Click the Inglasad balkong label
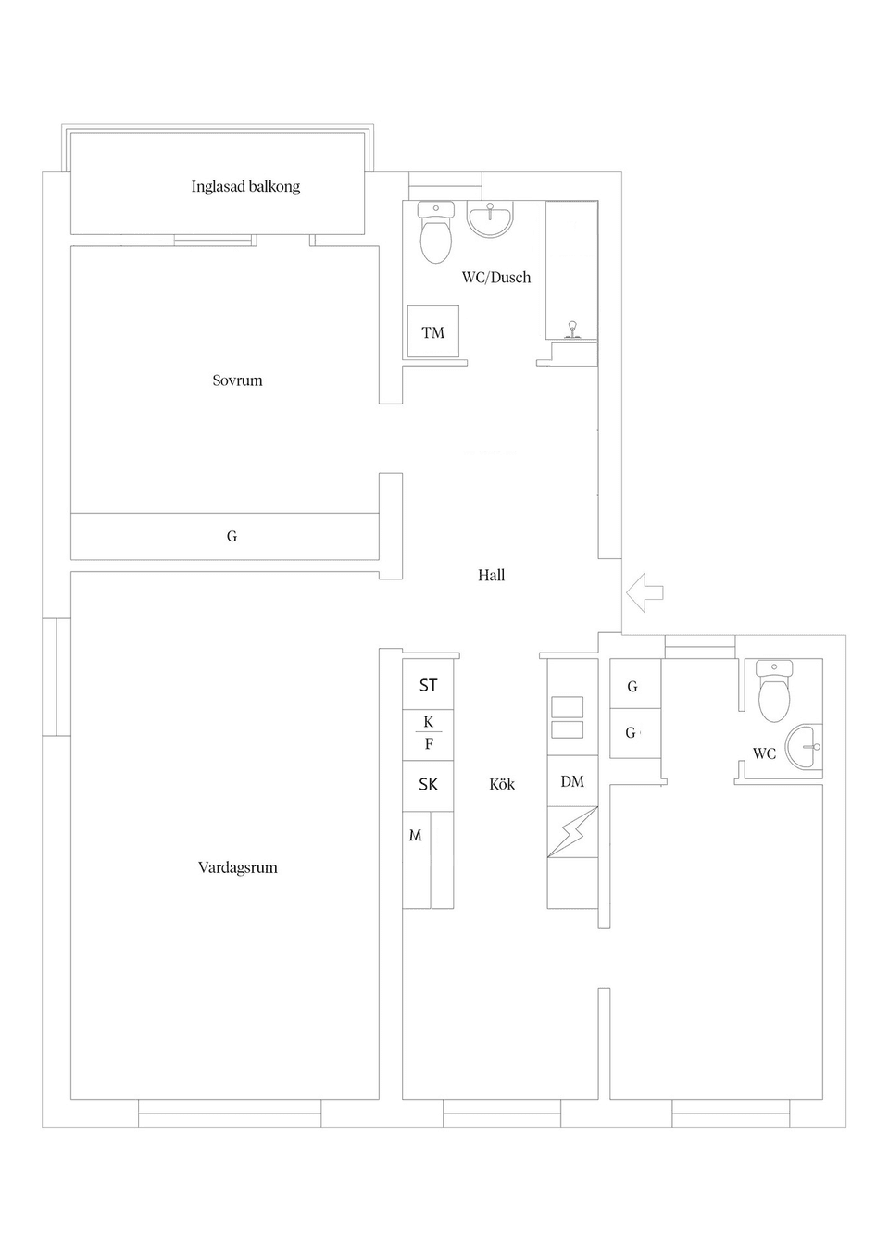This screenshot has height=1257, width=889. click(245, 186)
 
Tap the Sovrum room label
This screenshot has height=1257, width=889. click(237, 380)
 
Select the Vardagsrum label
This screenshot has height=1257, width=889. click(237, 867)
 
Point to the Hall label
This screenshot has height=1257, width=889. click(491, 575)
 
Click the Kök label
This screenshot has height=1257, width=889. click(501, 784)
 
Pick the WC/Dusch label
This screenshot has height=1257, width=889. click(496, 277)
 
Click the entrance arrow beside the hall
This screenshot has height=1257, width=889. click(645, 592)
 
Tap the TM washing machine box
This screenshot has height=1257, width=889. click(432, 332)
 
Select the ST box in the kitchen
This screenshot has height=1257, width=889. click(428, 685)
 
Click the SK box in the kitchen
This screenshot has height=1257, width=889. click(428, 784)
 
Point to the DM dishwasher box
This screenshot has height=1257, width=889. click(572, 781)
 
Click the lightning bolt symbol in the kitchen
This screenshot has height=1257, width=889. click(572, 832)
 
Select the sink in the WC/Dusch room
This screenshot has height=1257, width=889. click(490, 220)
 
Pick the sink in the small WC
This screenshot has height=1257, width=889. click(804, 746)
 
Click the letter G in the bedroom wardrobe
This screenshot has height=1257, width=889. click(232, 536)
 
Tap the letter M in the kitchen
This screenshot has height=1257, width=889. click(416, 835)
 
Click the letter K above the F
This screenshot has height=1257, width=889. click(428, 721)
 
